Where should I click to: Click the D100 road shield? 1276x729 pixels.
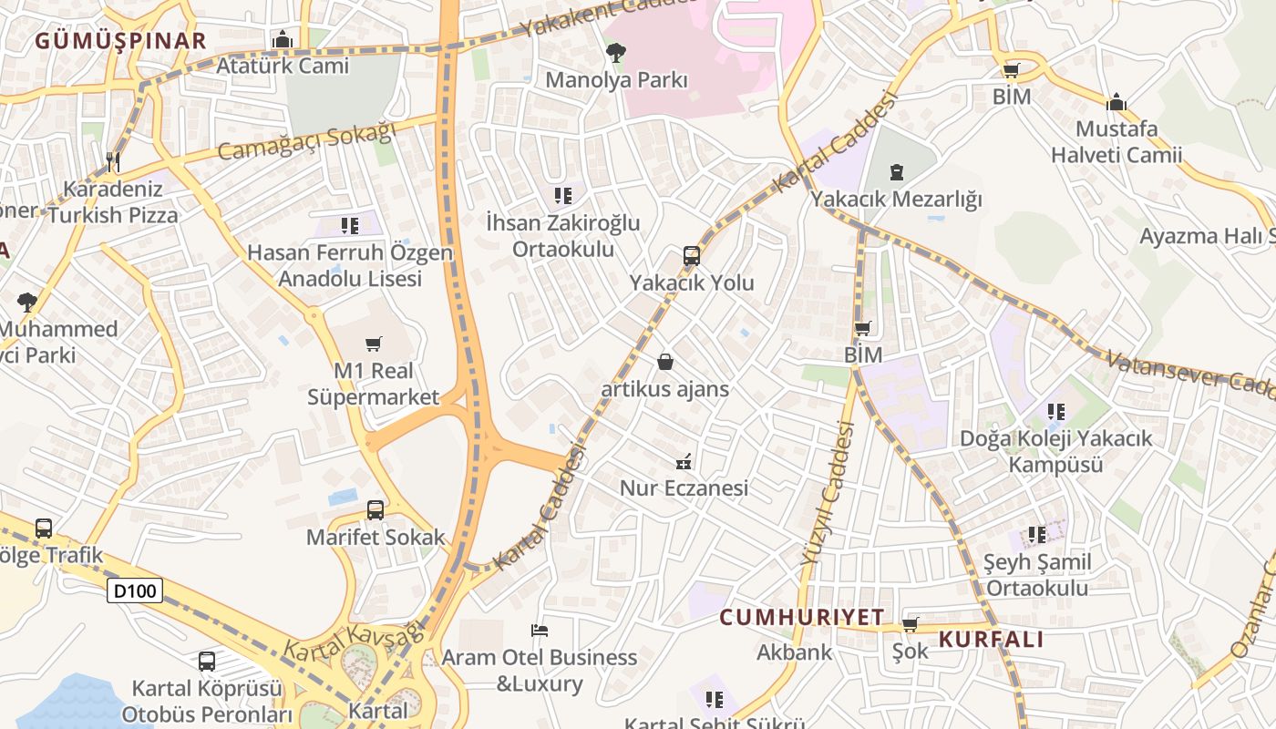click(135, 590)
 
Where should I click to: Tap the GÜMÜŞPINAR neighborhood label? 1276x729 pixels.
click(121, 40)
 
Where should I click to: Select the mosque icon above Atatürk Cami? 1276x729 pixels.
click(283, 39)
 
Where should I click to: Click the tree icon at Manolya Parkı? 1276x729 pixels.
click(616, 53)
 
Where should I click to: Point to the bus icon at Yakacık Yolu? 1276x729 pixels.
click(692, 256)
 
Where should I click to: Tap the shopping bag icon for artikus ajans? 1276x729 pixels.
click(665, 362)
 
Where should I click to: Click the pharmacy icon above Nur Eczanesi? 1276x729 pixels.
click(684, 461)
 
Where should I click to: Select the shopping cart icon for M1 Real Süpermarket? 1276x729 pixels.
click(373, 344)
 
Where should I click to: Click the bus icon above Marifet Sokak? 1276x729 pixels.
click(375, 510)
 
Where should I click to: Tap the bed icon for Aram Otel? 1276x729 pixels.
click(540, 630)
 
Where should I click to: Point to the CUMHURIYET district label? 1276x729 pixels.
click(802, 617)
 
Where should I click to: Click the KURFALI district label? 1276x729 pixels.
click(992, 639)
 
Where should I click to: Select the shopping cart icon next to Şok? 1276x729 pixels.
click(910, 624)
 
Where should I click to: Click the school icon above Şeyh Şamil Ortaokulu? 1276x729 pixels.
click(1037, 535)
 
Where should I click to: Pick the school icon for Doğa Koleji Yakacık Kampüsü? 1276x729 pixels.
click(1056, 412)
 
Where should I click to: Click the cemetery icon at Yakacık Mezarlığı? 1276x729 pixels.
click(897, 171)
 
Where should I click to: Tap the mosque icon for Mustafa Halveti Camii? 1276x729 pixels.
click(1116, 101)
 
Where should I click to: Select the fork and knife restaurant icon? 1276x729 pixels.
click(113, 162)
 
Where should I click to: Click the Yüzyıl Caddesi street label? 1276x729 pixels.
click(828, 496)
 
